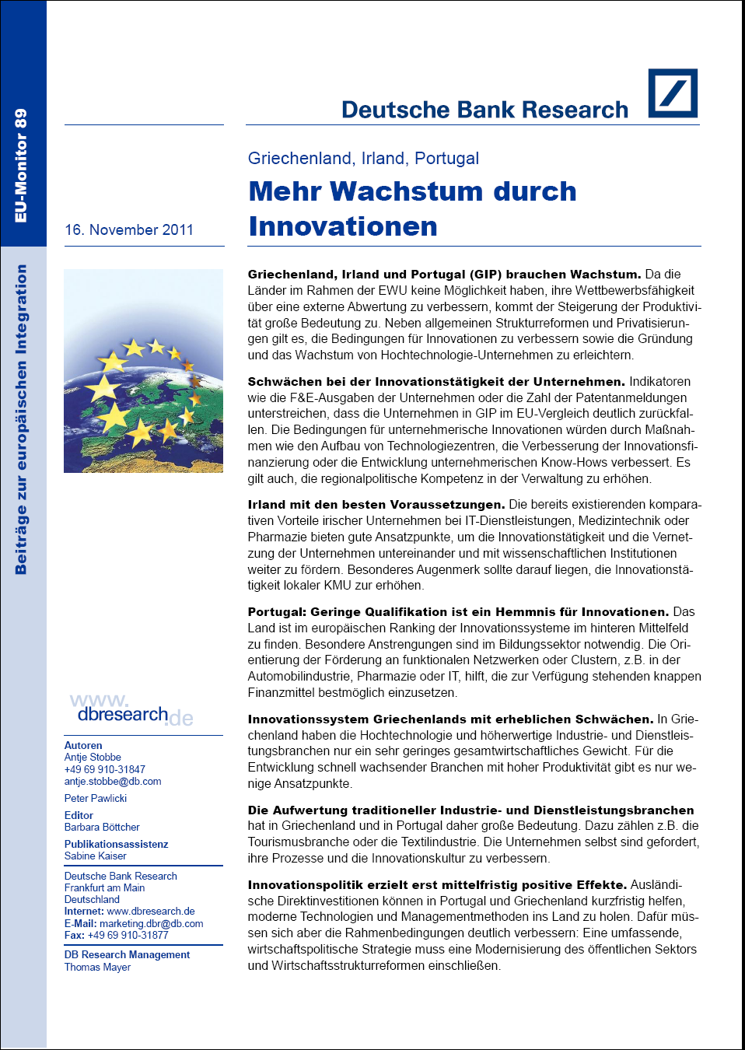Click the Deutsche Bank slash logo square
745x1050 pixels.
[x=673, y=93]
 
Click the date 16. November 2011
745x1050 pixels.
[x=129, y=230]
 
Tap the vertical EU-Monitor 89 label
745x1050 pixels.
[x=21, y=165]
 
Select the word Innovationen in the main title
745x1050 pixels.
[x=343, y=226]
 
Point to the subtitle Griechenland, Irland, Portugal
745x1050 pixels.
[x=363, y=159]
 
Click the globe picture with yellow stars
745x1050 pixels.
[x=143, y=371]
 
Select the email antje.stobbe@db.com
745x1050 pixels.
[x=113, y=782]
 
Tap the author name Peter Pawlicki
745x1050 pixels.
[x=96, y=799]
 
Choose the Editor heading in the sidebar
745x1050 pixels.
[x=79, y=816]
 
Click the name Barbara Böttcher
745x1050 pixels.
[x=102, y=828]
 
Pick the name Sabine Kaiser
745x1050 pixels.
[x=96, y=856]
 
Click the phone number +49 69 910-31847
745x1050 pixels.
[x=105, y=770]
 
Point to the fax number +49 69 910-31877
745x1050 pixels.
[x=128, y=936]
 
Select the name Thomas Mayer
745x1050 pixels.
[x=97, y=968]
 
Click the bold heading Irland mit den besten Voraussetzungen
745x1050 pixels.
[x=376, y=505]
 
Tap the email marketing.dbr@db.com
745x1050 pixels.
[x=151, y=924]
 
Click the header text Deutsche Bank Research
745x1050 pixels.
[x=484, y=110]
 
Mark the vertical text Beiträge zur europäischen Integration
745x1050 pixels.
[x=21, y=419]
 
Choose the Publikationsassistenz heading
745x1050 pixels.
[x=116, y=845]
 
